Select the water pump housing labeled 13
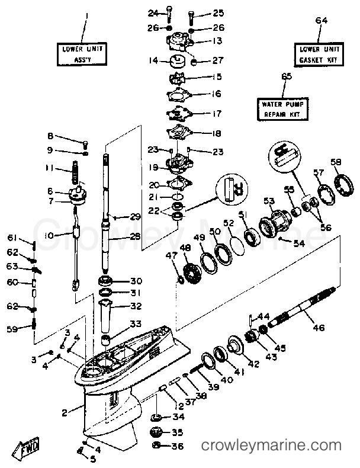pyautogui.click(x=179, y=42)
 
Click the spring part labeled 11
pyautogui.click(x=76, y=172)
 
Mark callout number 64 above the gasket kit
pyautogui.click(x=321, y=21)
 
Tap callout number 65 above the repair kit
pyautogui.click(x=287, y=76)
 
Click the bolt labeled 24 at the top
pyautogui.click(x=169, y=15)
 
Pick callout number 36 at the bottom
pyautogui.click(x=178, y=446)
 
